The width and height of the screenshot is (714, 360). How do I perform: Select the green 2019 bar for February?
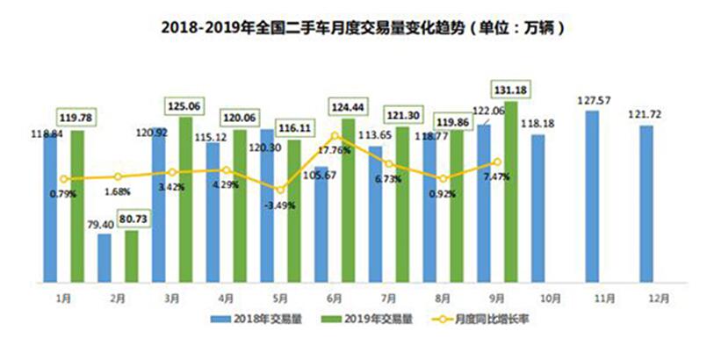coord(132,256)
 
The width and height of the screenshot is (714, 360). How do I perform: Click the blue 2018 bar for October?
coord(538,208)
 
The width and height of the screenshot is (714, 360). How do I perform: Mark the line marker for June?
coord(335,136)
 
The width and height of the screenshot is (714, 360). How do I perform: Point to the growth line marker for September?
coord(497,162)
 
